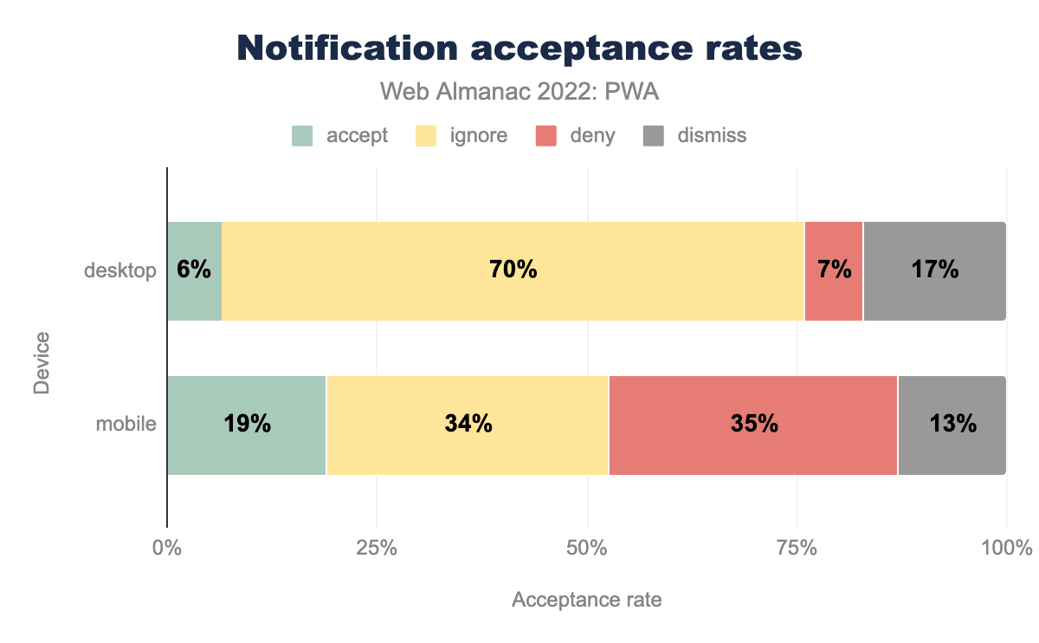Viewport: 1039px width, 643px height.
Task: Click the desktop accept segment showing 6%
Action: pos(194,270)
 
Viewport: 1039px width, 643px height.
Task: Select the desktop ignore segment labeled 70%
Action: pos(513,270)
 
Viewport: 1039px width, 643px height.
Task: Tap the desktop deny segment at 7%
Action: pos(834,270)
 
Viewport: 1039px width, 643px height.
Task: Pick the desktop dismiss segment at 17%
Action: pos(934,270)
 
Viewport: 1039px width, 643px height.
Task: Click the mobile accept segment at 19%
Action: pos(247,425)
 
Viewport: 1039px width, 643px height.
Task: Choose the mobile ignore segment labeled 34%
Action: pos(468,425)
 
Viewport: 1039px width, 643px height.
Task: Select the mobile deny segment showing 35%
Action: pos(753,425)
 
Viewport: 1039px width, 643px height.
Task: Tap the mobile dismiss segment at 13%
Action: pos(952,425)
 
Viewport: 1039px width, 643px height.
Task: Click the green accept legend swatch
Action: pos(302,136)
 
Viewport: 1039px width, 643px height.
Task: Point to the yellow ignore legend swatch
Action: pos(424,136)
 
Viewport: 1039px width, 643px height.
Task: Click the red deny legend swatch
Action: pos(546,136)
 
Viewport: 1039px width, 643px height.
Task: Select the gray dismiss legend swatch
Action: pos(653,136)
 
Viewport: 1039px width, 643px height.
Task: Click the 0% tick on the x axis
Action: pos(166,548)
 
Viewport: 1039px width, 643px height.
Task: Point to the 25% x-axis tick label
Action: pos(377,548)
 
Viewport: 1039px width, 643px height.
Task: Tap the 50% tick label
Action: pos(587,548)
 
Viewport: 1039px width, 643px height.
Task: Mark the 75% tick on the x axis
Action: pos(797,548)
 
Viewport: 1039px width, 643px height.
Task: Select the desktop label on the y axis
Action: pos(120,271)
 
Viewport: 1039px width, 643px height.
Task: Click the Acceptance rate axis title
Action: pos(587,600)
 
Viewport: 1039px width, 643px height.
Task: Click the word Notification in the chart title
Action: pos(346,49)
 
